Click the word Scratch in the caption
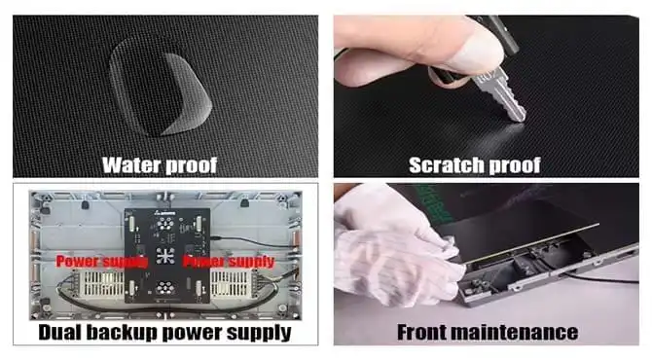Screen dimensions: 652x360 [446, 164]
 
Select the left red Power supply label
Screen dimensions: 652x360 [102, 262]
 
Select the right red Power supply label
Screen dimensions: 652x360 [229, 262]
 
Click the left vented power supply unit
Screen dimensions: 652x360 [100, 284]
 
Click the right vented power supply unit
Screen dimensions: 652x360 [232, 284]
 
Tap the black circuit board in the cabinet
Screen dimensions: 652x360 [167, 255]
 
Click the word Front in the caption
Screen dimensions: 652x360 [421, 332]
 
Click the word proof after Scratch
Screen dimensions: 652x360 [515, 165]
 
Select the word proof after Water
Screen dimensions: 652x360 [192, 165]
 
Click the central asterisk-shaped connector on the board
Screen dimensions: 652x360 [165, 256]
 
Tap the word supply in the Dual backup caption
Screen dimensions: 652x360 [259, 333]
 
